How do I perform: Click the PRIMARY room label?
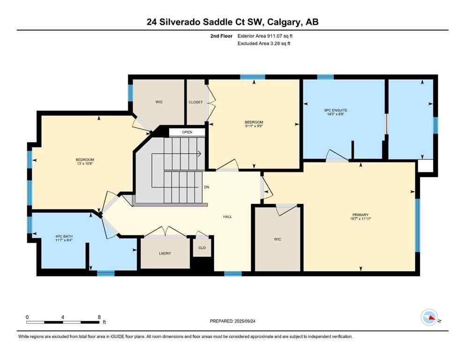pos(360,215)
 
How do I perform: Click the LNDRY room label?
pos(165,254)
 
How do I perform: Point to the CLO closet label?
pos(202,247)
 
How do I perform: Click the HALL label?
pos(228,217)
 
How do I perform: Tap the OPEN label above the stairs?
pos(187,132)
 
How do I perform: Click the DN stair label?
pos(207,187)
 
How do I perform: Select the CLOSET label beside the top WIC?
pos(195,102)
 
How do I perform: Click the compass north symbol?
pos(429,318)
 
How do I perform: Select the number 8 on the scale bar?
pos(99,317)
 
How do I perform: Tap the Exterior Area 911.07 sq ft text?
pos(266,36)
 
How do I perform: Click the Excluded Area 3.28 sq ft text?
pos(265,44)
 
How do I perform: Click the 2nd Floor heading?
pos(220,36)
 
